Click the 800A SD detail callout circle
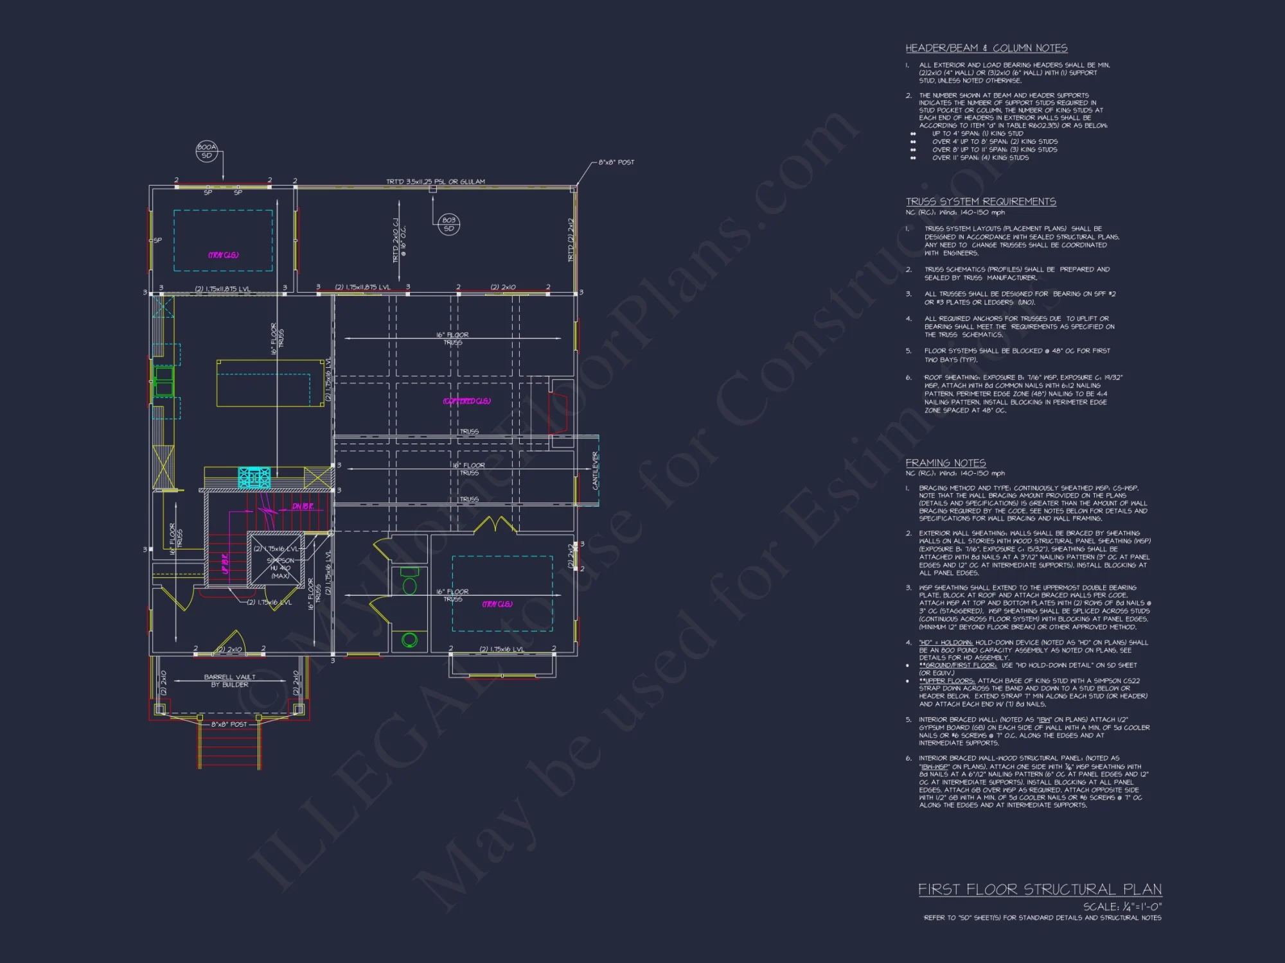(207, 152)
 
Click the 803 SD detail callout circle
(448, 224)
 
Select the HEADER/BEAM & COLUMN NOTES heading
(986, 48)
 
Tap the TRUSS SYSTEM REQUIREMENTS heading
(980, 202)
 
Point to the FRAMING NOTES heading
(945, 463)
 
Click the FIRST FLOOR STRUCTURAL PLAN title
(1040, 889)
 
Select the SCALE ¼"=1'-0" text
(1122, 907)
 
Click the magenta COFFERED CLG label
(466, 401)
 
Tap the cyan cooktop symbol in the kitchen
(254, 478)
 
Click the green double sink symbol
(163, 381)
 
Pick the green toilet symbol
(409, 582)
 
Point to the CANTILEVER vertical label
(595, 471)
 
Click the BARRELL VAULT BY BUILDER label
(229, 681)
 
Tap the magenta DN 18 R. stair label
(303, 507)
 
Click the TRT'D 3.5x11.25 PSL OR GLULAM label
(435, 182)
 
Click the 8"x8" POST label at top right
(616, 162)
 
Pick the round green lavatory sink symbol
(409, 639)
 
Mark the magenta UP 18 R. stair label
(225, 564)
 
